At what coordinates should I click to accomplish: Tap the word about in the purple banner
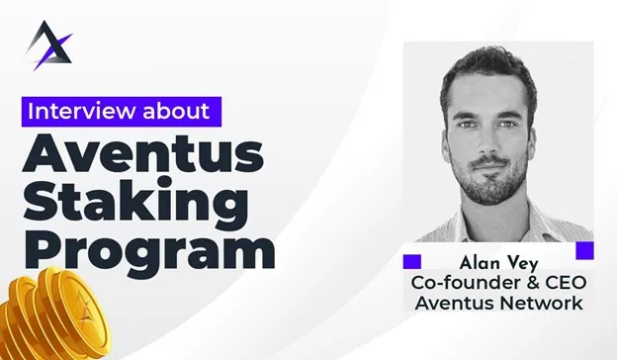(176, 112)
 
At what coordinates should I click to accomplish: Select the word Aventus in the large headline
(142, 153)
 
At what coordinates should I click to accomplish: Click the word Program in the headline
(150, 249)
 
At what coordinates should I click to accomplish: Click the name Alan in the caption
(480, 263)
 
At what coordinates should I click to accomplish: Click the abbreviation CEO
(567, 283)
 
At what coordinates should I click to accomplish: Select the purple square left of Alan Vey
(412, 262)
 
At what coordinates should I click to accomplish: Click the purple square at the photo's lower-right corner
(584, 250)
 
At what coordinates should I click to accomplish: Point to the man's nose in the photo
(487, 141)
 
